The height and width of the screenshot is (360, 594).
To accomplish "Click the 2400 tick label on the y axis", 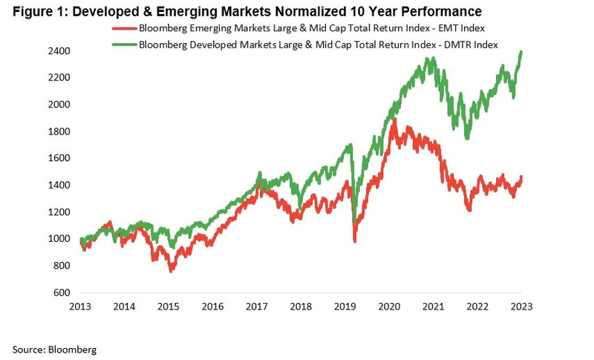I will (62, 51).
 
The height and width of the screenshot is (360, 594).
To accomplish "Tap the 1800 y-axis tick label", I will (62, 131).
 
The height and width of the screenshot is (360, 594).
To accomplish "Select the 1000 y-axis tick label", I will (62, 239).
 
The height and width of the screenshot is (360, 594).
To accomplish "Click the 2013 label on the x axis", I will (81, 306).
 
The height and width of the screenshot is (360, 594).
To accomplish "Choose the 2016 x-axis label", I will (213, 306).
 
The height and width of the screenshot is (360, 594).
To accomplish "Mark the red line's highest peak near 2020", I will (394, 119).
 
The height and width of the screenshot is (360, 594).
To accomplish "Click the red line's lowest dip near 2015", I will (172, 270).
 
